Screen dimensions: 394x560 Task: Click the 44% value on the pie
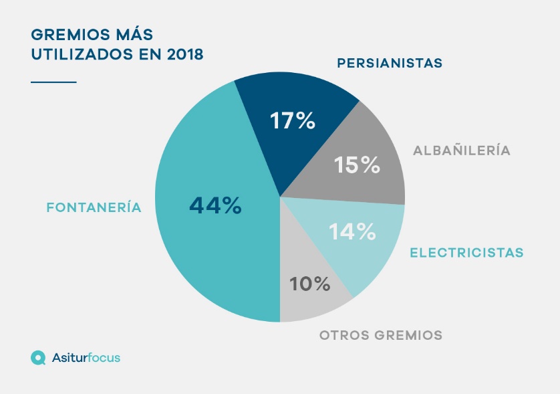coord(215,205)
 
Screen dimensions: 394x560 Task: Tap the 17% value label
coord(292,121)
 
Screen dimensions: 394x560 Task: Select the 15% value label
coord(358,165)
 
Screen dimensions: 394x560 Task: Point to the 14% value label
coord(352,231)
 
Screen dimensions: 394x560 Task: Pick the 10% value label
coord(310,284)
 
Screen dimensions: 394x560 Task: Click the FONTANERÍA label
coord(94,207)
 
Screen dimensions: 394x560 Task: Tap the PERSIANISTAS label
coord(390,64)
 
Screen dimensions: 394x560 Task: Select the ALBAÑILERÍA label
coord(462,151)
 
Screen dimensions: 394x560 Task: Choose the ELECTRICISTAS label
coord(466,253)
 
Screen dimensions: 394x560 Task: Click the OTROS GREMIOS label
coord(381,335)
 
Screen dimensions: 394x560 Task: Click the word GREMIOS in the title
coord(65,34)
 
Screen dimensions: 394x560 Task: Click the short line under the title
coord(53,82)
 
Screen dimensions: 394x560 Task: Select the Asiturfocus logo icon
coord(38,358)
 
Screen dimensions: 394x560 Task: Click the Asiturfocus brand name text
coord(86,358)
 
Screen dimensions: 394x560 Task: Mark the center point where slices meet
coord(280,197)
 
